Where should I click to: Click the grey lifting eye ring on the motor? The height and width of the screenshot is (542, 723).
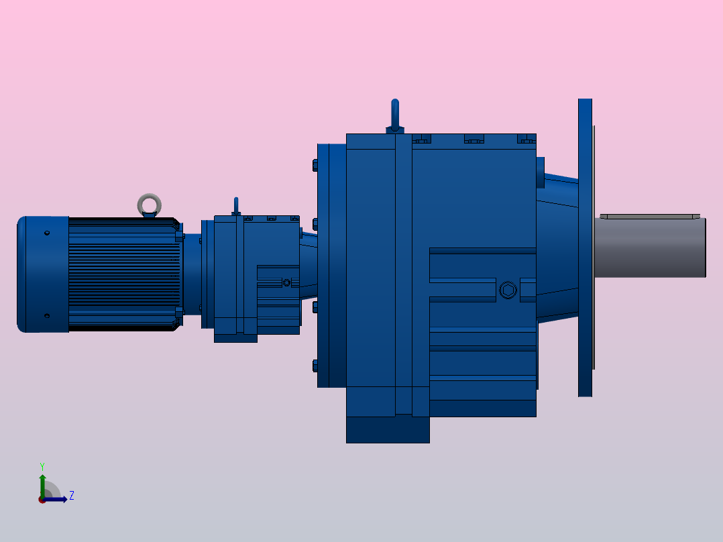149,203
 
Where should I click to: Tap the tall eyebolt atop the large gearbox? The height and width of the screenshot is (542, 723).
395,114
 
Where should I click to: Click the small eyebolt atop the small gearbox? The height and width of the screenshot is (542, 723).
236,205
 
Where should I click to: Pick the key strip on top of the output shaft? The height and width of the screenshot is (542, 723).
649,217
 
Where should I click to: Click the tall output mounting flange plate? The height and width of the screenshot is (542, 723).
585,248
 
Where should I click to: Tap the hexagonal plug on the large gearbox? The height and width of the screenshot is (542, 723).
508,290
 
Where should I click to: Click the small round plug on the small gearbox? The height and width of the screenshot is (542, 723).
287,282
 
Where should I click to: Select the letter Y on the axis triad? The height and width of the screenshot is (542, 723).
42,466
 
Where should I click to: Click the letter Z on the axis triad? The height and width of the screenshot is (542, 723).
71,496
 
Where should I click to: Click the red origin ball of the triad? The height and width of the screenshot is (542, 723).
42,500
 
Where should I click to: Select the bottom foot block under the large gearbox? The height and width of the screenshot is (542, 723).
388,429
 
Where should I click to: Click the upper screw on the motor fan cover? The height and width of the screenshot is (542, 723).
47,233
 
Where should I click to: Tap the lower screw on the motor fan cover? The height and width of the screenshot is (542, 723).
47,316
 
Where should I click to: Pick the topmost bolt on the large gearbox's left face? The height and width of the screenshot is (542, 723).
315,164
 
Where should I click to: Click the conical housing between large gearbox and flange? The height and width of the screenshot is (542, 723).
557,248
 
